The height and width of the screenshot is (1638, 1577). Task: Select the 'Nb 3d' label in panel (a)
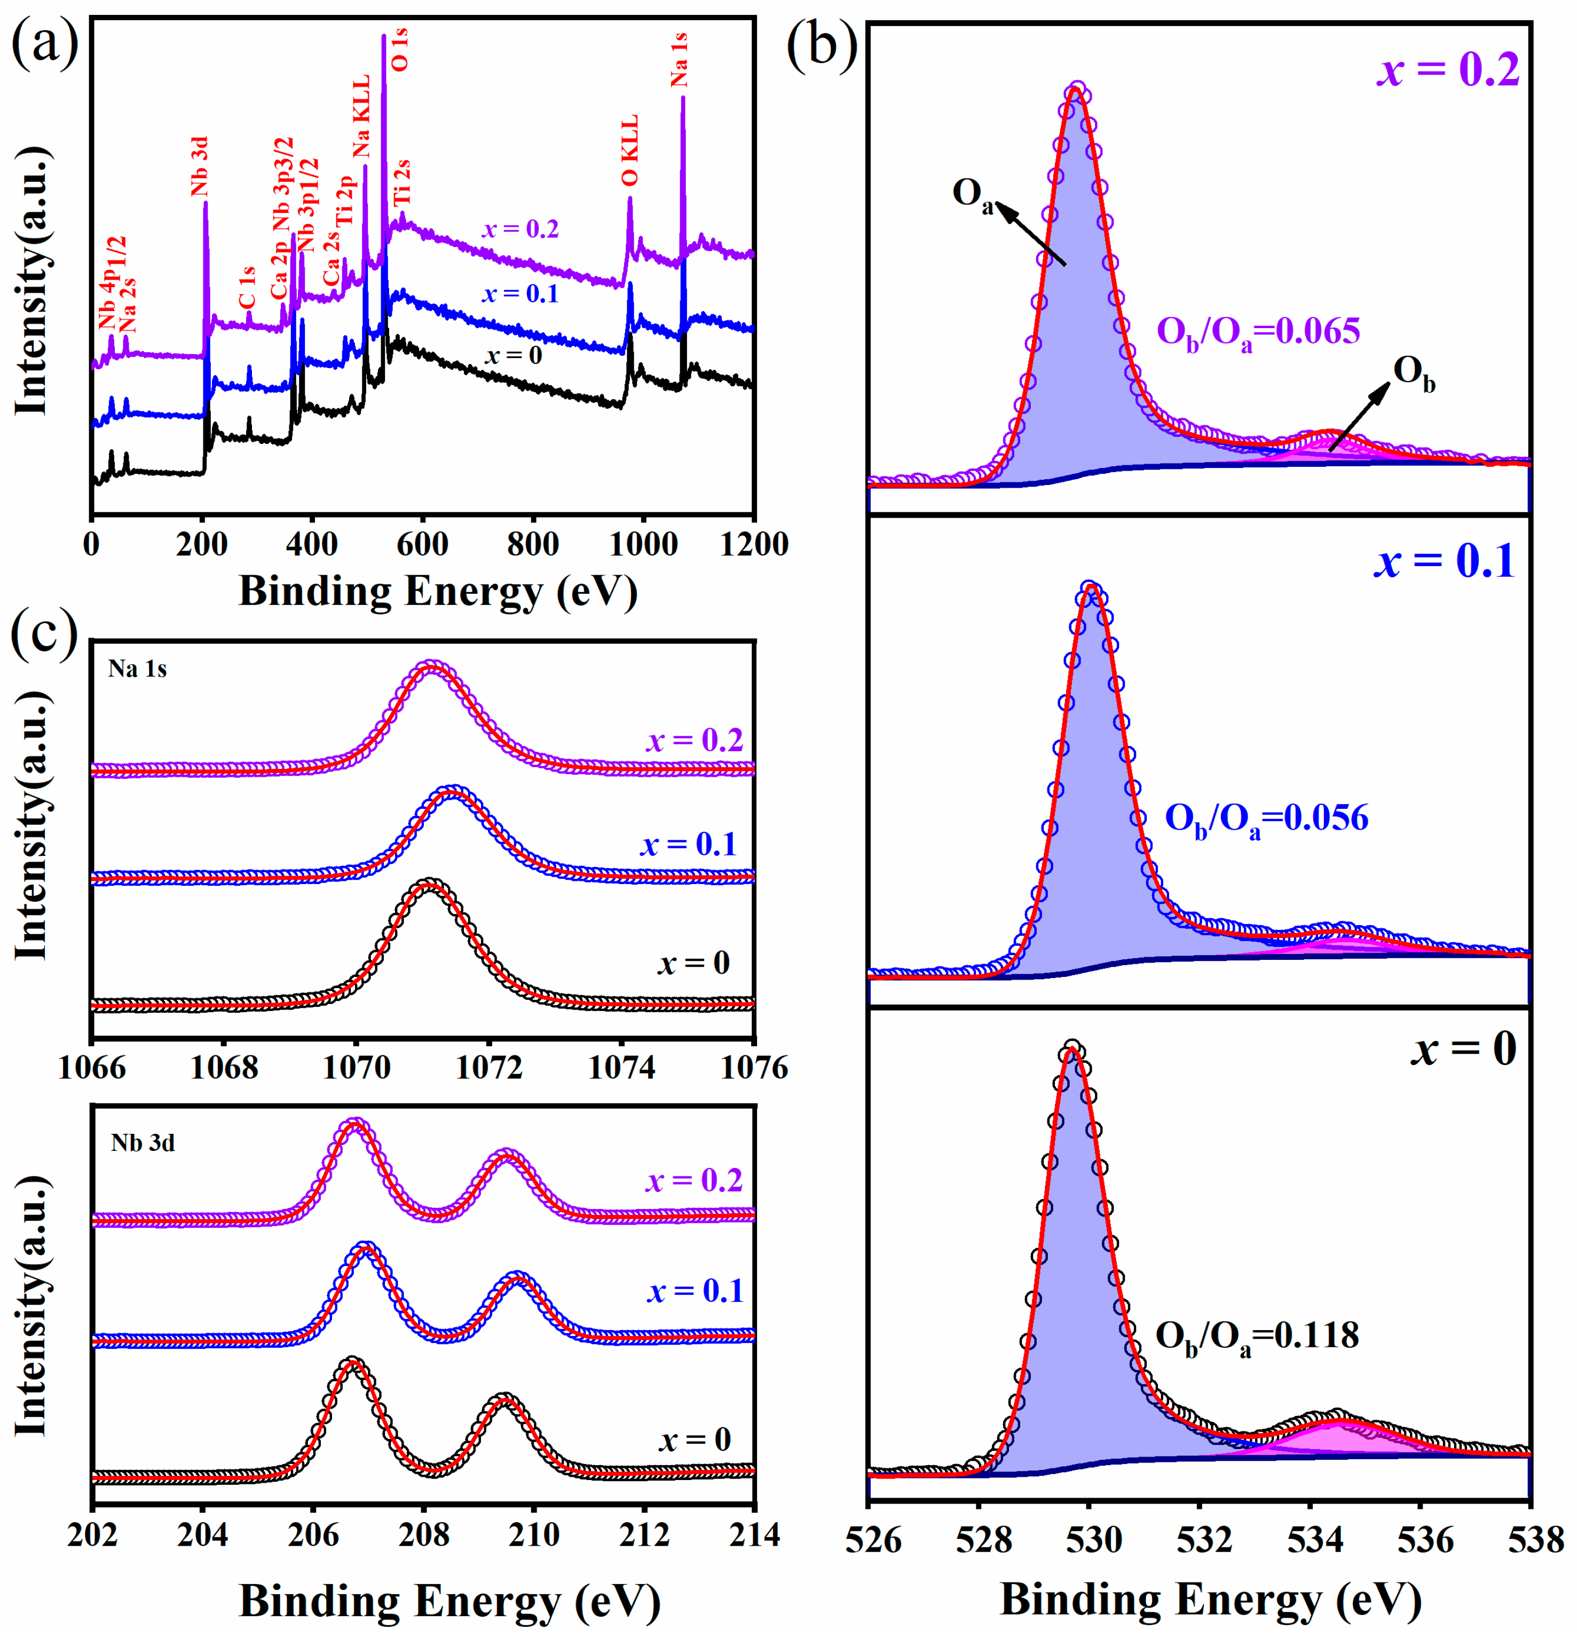tap(199, 167)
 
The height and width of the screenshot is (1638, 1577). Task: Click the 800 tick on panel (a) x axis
tap(533, 544)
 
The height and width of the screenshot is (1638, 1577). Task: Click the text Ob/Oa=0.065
tap(1258, 332)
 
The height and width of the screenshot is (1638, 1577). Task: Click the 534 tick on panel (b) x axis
tap(1310, 1539)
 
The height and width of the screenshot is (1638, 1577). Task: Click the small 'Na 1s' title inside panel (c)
tap(137, 669)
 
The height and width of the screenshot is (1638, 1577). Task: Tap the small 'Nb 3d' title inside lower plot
tap(143, 1142)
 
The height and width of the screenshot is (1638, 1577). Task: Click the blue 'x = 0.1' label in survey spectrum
tap(520, 294)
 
